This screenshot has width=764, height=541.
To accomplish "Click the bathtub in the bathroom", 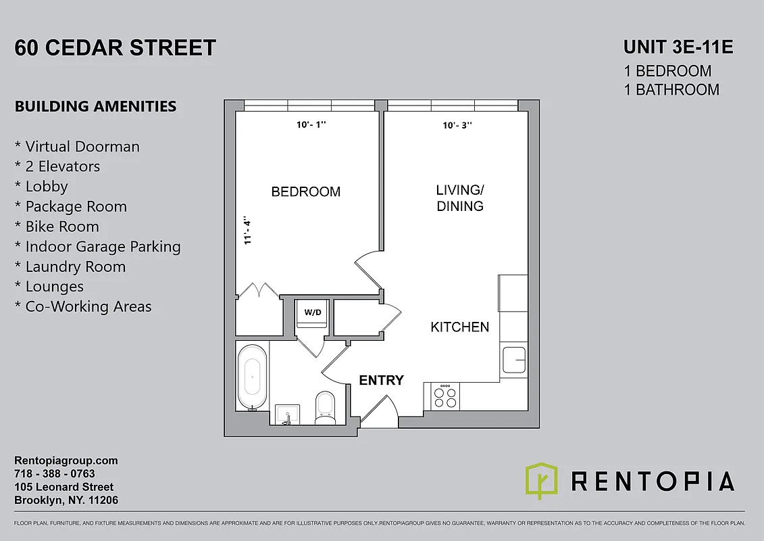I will (x=252, y=377).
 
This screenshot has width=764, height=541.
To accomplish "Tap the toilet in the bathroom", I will (x=325, y=406).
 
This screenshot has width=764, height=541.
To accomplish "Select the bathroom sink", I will (x=288, y=414).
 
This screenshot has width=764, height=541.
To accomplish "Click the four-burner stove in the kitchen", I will (x=444, y=397).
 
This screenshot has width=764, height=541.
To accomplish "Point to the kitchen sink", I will (x=514, y=360).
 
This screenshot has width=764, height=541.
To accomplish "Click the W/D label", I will (x=313, y=312).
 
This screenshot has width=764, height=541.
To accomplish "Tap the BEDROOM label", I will (x=305, y=192).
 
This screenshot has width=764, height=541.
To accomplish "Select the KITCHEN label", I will (x=460, y=327).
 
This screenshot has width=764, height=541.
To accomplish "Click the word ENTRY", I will (x=381, y=381).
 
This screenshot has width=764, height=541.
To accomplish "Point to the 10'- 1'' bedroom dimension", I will (x=311, y=125).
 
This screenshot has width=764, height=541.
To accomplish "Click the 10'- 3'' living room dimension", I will (x=457, y=125).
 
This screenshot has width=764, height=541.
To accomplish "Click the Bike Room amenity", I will (x=62, y=227).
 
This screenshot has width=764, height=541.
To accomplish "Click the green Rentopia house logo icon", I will (x=541, y=481).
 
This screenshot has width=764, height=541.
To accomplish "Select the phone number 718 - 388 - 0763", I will (x=55, y=474).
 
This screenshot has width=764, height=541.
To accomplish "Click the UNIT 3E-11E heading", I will (x=678, y=47).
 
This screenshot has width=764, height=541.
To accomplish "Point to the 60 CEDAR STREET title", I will (x=116, y=48).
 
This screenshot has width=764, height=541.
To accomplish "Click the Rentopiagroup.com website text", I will (x=66, y=461).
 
